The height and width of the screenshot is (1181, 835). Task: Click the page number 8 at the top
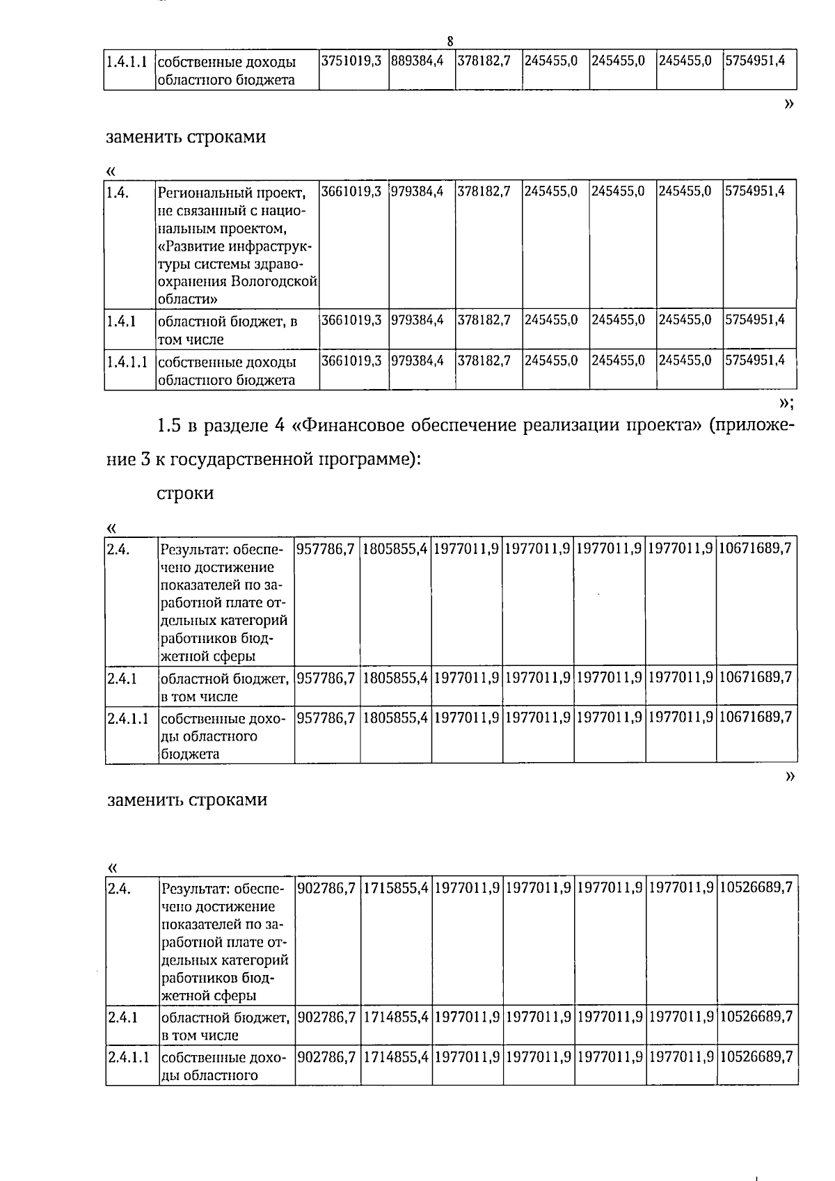click(x=450, y=42)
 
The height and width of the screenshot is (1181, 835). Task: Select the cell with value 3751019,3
click(x=351, y=61)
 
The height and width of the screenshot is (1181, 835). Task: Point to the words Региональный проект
click(x=230, y=192)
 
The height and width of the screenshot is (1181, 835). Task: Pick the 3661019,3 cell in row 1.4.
click(x=351, y=191)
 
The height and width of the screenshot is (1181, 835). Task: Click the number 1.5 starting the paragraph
click(x=170, y=425)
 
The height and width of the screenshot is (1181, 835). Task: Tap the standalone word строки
click(x=185, y=493)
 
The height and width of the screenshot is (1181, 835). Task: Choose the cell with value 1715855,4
click(x=395, y=888)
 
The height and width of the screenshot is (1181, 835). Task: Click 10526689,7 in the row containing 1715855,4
click(x=756, y=888)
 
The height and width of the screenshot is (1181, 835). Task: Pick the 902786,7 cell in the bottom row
click(x=326, y=1057)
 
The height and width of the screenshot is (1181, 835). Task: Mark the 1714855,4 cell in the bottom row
click(x=395, y=1057)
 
